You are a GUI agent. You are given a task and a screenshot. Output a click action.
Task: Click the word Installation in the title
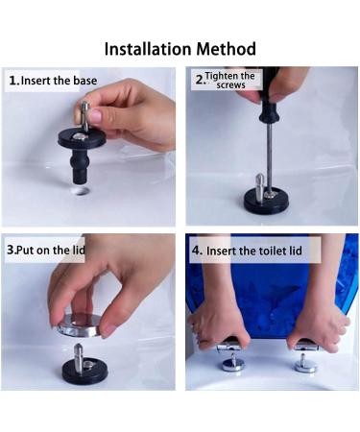[149, 49]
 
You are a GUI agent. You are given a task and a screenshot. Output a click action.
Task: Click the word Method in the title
[227, 49]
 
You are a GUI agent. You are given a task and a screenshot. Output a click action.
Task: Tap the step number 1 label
[13, 81]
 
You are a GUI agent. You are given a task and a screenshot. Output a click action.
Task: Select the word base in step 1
[85, 81]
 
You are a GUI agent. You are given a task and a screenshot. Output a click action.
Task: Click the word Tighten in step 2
[222, 76]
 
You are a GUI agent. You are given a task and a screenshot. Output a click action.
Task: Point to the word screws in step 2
[230, 85]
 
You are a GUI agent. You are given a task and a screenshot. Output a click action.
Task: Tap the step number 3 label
[12, 250]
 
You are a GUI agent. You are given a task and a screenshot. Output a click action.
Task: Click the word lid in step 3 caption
[79, 250]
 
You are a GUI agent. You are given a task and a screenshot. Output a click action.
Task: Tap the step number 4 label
[197, 251]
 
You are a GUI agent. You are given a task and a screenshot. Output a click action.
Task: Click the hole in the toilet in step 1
[81, 192]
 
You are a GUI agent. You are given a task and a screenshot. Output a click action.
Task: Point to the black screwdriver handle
[270, 96]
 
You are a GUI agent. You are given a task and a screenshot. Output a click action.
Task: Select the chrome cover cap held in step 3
[80, 325]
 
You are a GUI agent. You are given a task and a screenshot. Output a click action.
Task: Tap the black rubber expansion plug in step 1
[80, 169]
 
